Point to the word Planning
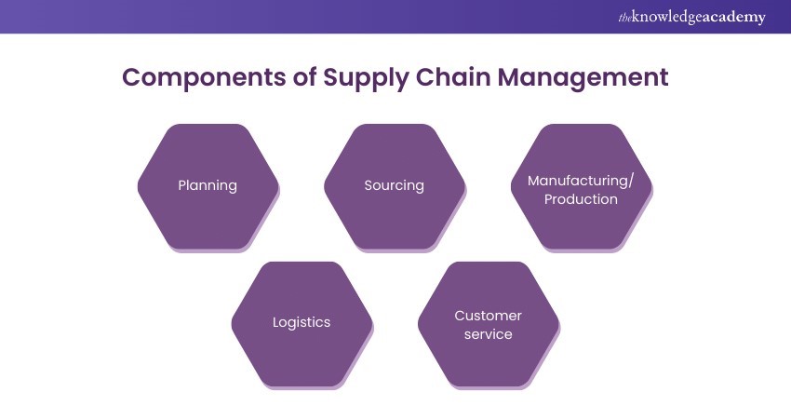coord(208,185)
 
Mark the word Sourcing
coord(394,185)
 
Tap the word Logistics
coord(301,322)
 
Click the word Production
coord(581,199)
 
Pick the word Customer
coord(488,316)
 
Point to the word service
coord(488,334)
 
